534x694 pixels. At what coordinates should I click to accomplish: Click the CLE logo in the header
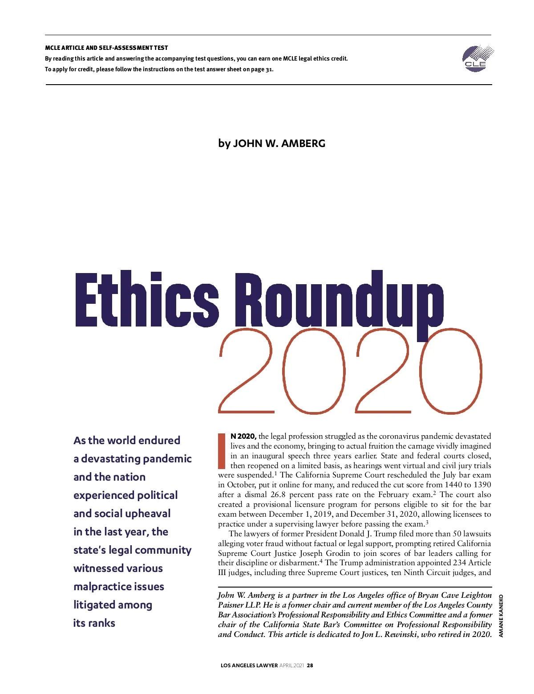[477, 58]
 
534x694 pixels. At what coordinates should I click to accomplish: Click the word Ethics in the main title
[147, 299]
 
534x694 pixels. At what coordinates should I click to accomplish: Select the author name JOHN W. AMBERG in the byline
[279, 143]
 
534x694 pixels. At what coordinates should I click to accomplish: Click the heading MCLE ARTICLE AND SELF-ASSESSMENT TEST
[106, 48]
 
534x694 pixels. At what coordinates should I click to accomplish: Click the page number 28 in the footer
[310, 665]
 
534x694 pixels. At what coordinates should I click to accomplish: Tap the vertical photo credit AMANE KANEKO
[501, 616]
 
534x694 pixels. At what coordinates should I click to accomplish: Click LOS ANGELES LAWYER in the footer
[249, 665]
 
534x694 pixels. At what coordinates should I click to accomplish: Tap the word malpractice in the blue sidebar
[102, 587]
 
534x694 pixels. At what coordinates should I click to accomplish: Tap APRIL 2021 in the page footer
[292, 665]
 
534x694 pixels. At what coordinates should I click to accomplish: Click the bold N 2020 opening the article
[243, 436]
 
